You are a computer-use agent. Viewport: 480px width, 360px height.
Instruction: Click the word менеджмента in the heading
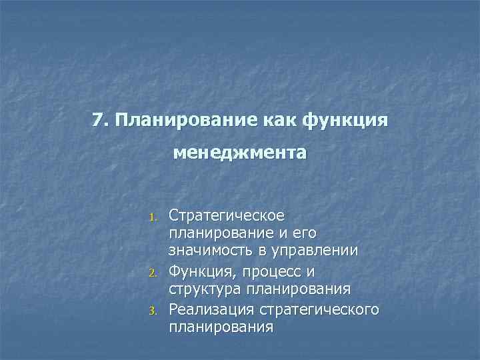pos(240,153)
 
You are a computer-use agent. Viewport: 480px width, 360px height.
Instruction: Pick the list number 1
pos(152,217)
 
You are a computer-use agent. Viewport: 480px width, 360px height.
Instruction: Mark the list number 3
pos(152,311)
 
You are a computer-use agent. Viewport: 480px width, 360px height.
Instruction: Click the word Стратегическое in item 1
pos(227,216)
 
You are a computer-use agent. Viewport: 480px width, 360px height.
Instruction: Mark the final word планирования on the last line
pos(221,327)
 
